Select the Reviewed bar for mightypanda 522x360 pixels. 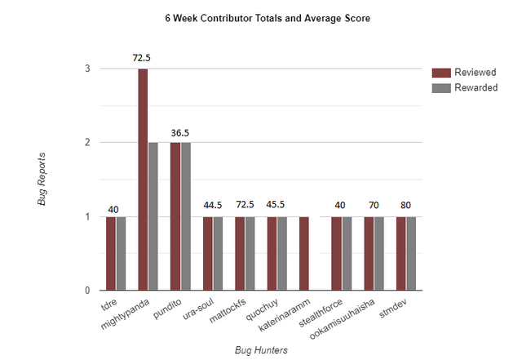143,180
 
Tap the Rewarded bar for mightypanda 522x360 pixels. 153,216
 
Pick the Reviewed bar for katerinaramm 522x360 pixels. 304,253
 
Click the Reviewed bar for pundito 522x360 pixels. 175,216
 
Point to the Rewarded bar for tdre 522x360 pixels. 121,253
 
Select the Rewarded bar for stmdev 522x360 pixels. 411,253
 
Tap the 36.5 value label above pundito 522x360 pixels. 179,132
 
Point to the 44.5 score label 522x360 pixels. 212,206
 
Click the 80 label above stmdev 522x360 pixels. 405,206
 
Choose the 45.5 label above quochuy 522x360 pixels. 276,206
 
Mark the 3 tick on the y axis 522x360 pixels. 87,69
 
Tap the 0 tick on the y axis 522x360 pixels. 87,290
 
